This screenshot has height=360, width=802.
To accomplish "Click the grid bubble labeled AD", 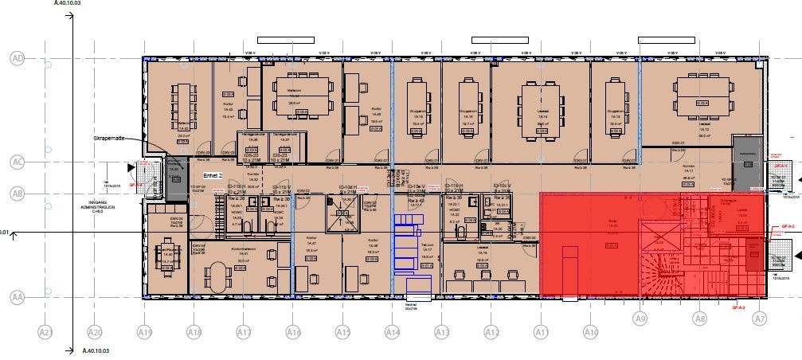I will tap(17, 58).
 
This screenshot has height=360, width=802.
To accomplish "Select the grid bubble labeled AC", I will tap(17, 162).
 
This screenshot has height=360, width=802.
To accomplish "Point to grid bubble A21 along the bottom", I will tap(45, 332).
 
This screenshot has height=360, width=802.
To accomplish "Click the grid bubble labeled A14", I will tap(392, 332).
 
